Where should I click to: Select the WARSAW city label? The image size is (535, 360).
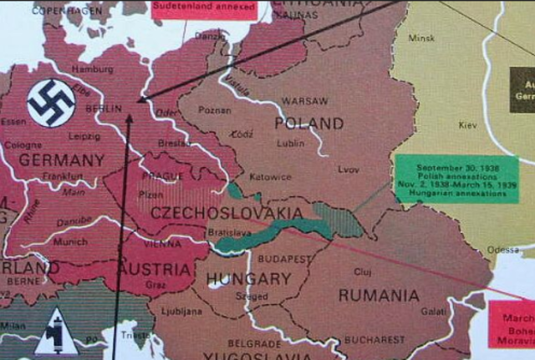point(303,101)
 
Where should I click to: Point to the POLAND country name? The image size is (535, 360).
point(308,124)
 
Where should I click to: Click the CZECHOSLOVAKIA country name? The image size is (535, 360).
point(226,214)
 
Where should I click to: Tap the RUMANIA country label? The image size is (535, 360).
point(378,296)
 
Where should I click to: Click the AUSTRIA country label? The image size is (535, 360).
point(155,269)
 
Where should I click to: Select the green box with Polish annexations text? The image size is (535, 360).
point(456,179)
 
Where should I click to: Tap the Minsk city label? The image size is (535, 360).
point(421,38)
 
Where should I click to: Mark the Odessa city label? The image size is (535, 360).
point(503,249)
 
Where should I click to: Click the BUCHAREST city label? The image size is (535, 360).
point(374,341)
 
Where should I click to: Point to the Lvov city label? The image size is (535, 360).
point(349,169)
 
